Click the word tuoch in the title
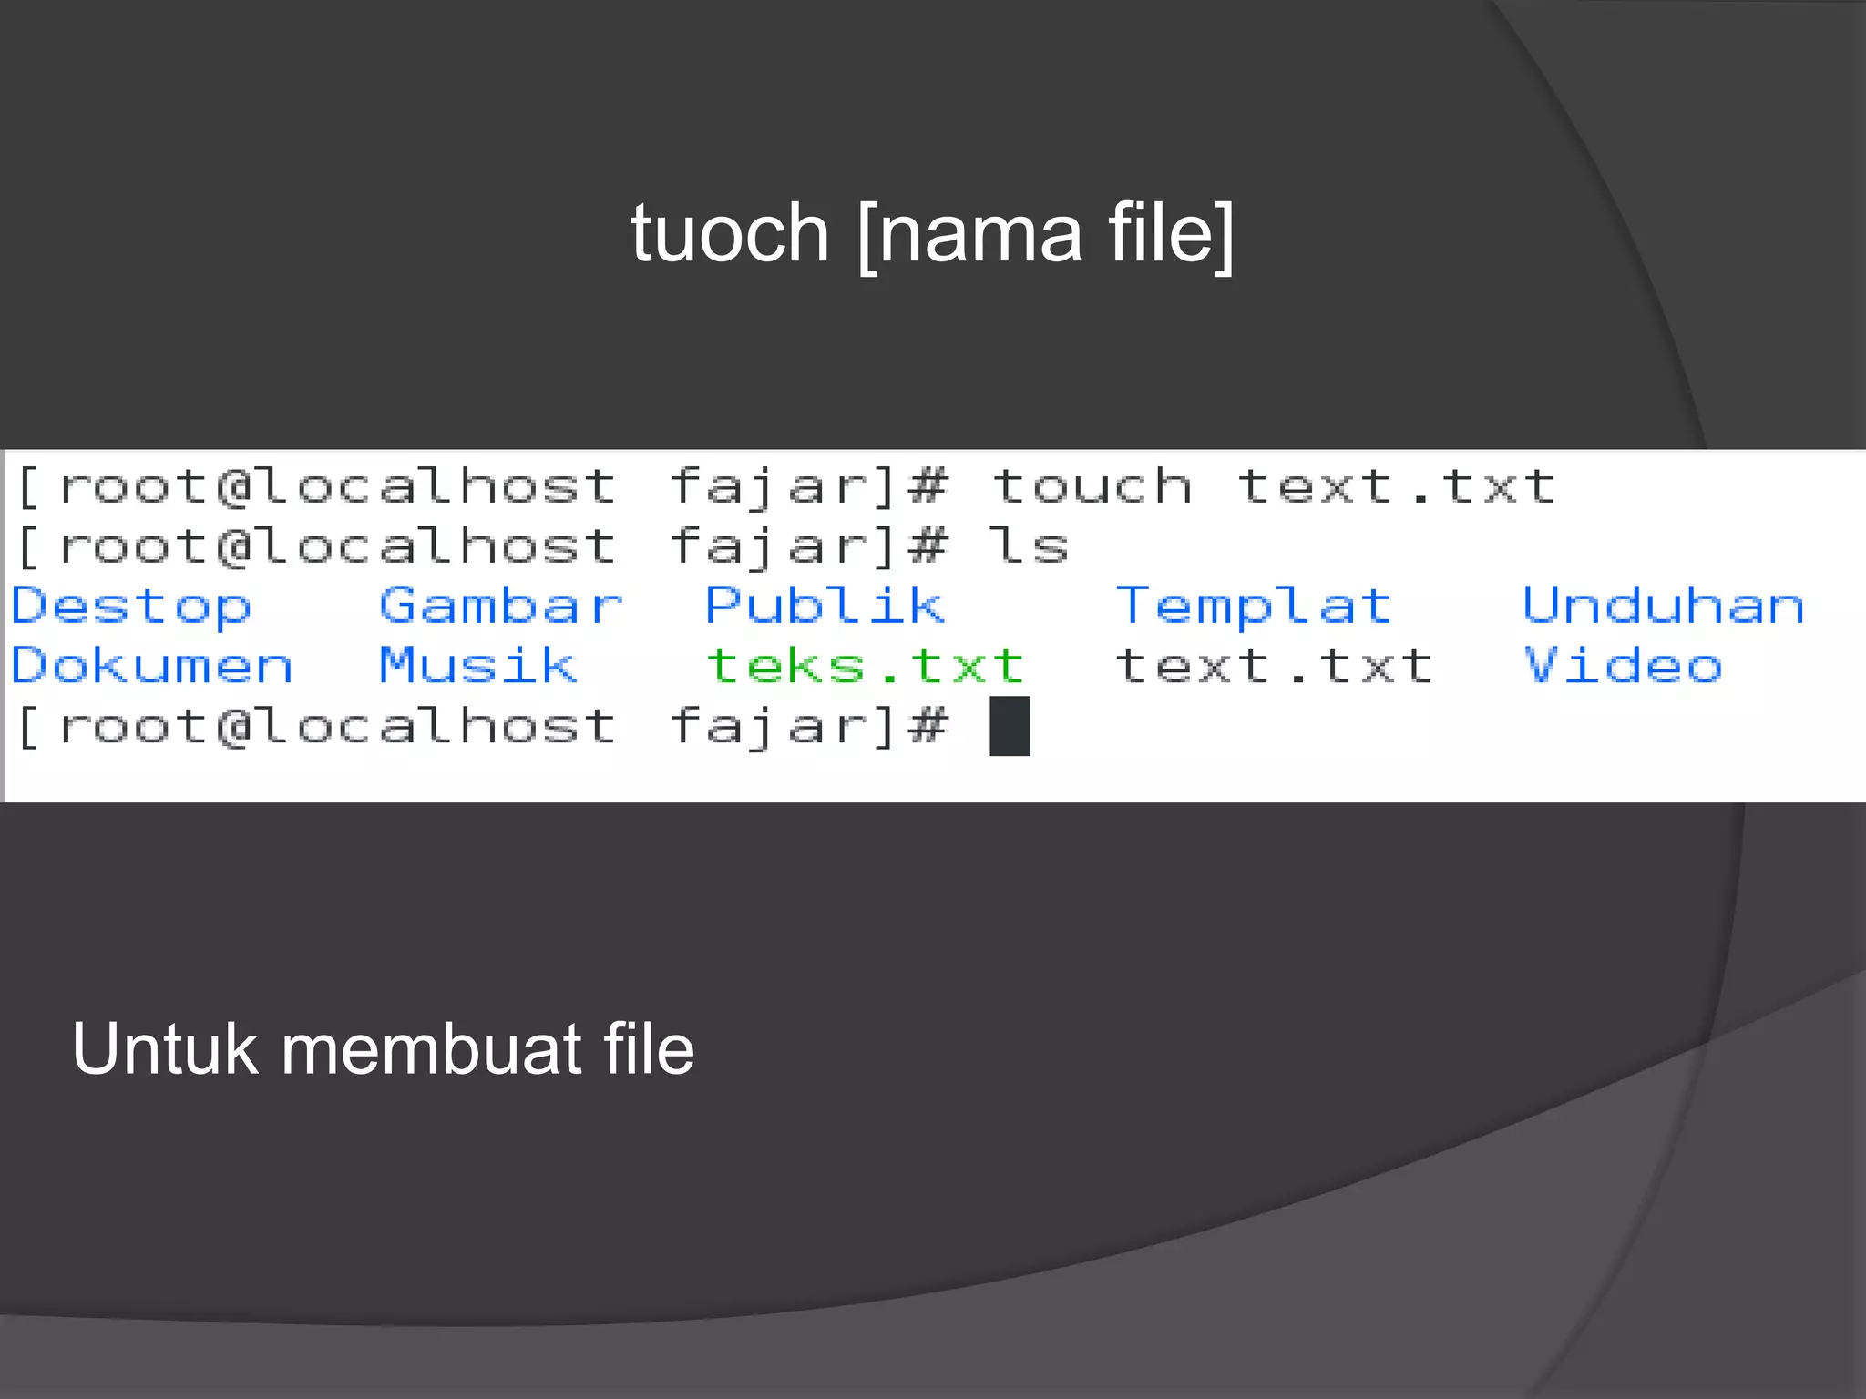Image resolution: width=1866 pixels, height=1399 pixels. click(729, 235)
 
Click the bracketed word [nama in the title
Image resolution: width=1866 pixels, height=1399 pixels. click(969, 235)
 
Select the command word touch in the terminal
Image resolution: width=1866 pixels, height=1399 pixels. click(1092, 486)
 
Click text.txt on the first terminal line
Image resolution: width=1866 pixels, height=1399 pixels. click(1396, 486)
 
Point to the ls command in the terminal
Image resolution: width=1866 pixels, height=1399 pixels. click(1030, 546)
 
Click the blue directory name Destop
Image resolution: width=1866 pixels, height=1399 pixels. click(131, 607)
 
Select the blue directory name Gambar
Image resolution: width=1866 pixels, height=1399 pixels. click(501, 607)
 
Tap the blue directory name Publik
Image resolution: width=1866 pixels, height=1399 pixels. click(825, 607)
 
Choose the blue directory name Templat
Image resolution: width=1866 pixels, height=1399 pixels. click(1254, 607)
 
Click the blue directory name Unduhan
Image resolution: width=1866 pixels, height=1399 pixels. click(1664, 607)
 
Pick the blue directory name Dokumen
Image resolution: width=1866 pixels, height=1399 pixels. click(152, 666)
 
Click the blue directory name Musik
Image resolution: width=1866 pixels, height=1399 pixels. click(478, 666)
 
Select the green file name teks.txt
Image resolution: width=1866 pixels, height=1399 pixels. click(866, 666)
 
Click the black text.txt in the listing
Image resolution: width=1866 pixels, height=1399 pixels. click(1274, 666)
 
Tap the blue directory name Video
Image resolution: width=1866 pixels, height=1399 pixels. click(1623, 666)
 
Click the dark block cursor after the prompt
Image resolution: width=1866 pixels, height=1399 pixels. click(1010, 726)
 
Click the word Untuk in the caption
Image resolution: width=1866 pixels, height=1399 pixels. click(165, 1049)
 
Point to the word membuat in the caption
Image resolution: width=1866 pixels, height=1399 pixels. click(428, 1049)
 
